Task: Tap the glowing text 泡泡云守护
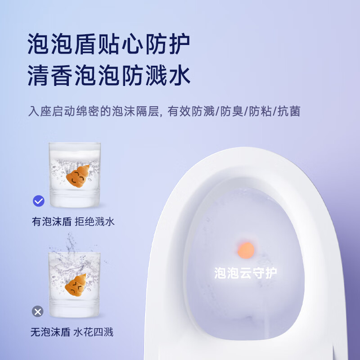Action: click(x=246, y=273)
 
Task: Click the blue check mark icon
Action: click(x=39, y=200)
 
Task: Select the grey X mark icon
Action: click(x=38, y=311)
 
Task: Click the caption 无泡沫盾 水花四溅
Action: click(x=72, y=333)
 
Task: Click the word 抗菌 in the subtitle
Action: click(x=289, y=111)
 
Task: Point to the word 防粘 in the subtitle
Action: click(x=261, y=111)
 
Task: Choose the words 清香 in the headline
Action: click(x=53, y=75)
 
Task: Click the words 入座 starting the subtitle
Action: click(x=38, y=111)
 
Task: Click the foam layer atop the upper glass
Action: click(x=74, y=153)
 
